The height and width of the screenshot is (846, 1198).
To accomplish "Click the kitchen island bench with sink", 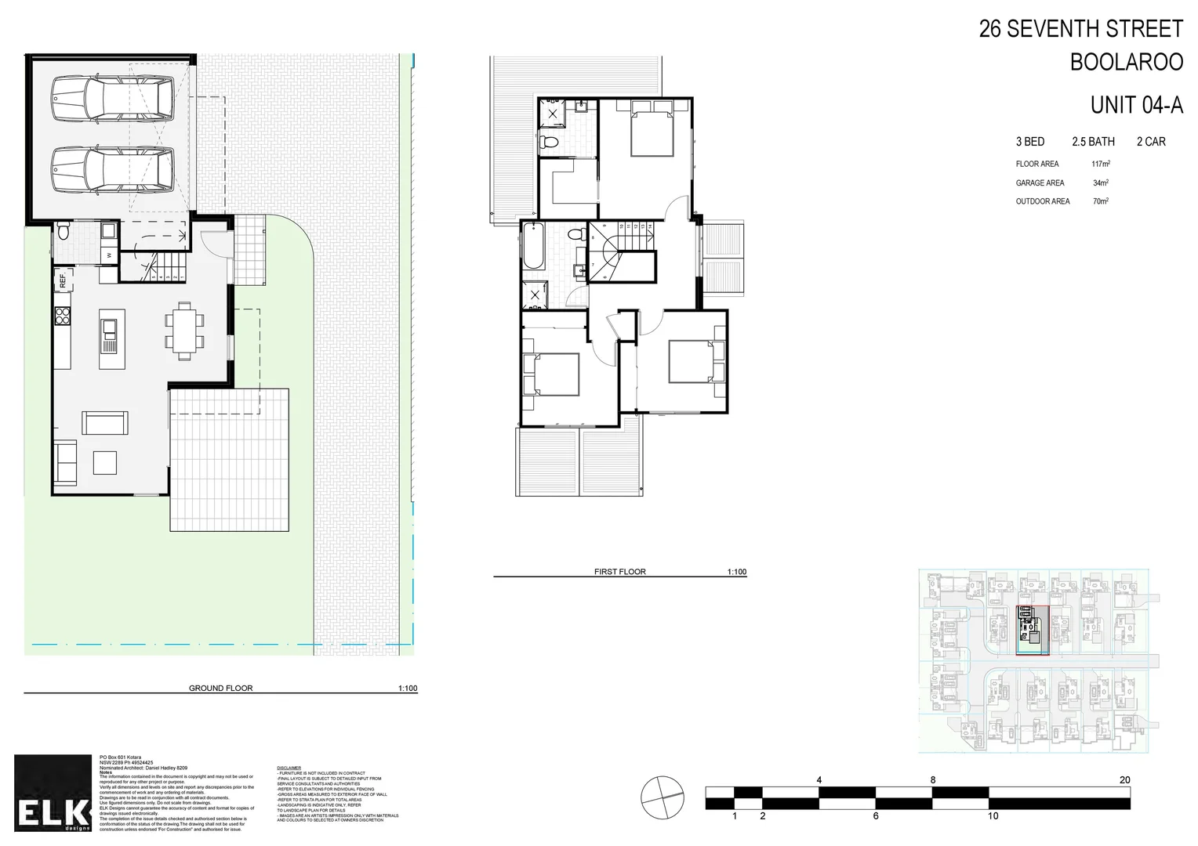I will coord(109,338).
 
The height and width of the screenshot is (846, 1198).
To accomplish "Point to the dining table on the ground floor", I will coord(184,331).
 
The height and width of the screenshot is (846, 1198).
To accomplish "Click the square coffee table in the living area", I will coord(105,462).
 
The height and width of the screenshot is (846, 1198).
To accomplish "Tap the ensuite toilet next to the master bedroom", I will coord(550,143).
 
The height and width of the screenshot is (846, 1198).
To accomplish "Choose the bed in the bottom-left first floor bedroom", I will coord(552,374).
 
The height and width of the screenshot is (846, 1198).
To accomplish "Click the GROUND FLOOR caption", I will coord(220,689).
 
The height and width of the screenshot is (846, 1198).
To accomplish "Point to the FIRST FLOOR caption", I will coord(619,572).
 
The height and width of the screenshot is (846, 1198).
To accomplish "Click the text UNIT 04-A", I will coord(1136,105).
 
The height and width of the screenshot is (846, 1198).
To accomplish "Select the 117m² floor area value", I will coord(1101,164).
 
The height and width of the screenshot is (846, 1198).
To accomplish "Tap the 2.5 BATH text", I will coord(1093,142).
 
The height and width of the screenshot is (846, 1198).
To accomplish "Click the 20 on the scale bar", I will coord(1124,780).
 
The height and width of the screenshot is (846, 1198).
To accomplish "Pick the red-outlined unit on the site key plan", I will coord(1033,630).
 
